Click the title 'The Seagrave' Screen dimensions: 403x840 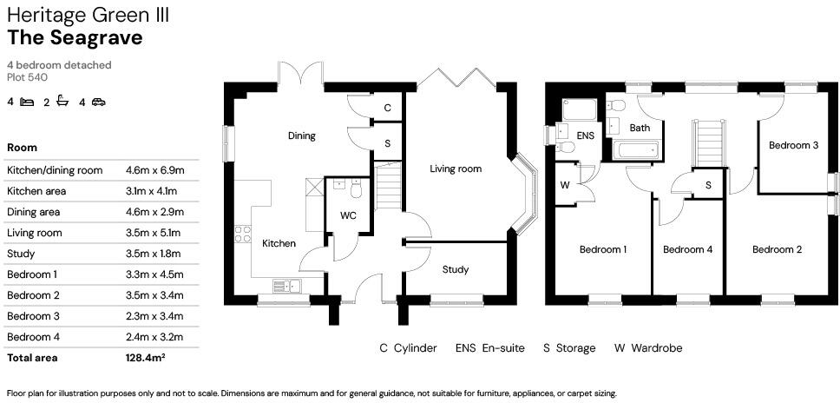[75, 37]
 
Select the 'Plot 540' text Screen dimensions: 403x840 [27, 77]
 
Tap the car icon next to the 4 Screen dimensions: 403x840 [98, 102]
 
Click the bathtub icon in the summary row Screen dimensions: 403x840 [62, 102]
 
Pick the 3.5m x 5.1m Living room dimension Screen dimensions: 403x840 [154, 233]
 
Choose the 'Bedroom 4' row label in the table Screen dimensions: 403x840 [33, 337]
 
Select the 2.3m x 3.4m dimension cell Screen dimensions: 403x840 [154, 316]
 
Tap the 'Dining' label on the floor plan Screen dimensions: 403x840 [302, 135]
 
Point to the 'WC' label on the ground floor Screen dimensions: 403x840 [348, 215]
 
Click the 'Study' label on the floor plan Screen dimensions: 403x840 [456, 269]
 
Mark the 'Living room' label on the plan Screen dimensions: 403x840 [456, 168]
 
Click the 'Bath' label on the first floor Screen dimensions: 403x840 [640, 128]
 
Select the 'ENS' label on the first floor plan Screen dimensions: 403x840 [586, 135]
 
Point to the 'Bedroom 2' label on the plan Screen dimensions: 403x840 [777, 249]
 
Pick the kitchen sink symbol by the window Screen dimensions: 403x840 [285, 285]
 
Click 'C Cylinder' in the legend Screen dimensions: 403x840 [408, 348]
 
